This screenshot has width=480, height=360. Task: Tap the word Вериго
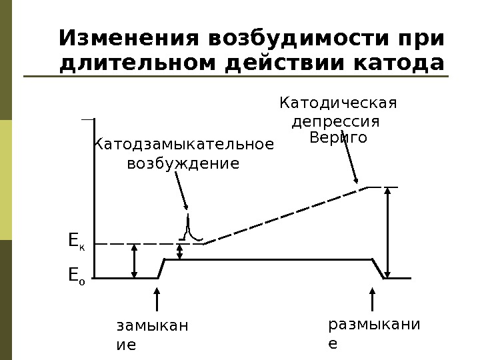(339, 138)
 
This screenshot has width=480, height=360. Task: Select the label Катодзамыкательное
(183, 144)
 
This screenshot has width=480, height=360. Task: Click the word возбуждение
(183, 163)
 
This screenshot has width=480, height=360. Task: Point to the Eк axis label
(76, 241)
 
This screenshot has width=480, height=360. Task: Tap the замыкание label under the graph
(151, 335)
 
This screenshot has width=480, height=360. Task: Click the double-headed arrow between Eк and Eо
(135, 261)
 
